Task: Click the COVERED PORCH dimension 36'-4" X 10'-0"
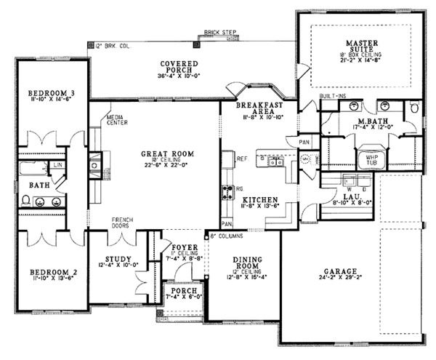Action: click(175, 74)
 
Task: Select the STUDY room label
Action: click(117, 260)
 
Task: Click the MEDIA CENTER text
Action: click(117, 120)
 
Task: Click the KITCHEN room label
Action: click(259, 199)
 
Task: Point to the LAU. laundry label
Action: click(342, 198)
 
